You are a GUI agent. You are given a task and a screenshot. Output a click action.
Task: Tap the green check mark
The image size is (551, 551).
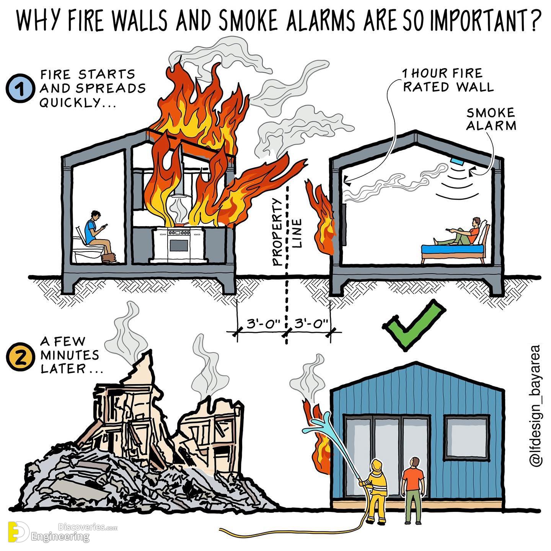pyautogui.click(x=414, y=325)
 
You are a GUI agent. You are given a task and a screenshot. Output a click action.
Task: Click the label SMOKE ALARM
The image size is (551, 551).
pyautogui.click(x=491, y=119)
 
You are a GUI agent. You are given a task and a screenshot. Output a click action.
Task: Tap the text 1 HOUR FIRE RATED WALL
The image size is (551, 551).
pyautogui.click(x=448, y=80)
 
